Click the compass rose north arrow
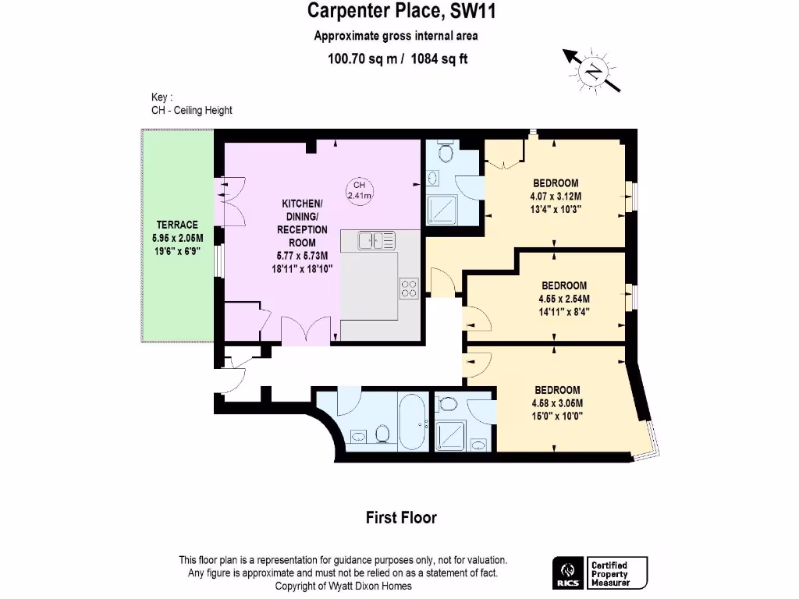(x=591, y=71)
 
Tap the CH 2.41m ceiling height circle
(x=359, y=190)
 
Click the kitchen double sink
(x=377, y=240)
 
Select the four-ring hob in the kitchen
(x=409, y=289)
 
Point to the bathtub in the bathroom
(x=414, y=422)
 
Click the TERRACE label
(x=177, y=225)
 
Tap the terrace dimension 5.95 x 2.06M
(x=177, y=238)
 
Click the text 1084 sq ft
(x=439, y=58)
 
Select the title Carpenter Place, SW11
(x=401, y=11)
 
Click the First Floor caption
(x=401, y=518)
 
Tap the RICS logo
(x=568, y=573)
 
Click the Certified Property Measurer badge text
(x=610, y=573)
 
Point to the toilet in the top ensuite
(x=446, y=151)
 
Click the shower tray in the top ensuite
(x=442, y=210)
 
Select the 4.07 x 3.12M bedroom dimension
(x=556, y=196)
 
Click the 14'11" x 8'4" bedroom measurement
(x=564, y=312)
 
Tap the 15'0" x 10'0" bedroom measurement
(x=557, y=416)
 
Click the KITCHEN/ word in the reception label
(x=302, y=204)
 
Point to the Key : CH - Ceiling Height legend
(x=192, y=104)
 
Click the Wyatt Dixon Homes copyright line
(x=343, y=586)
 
